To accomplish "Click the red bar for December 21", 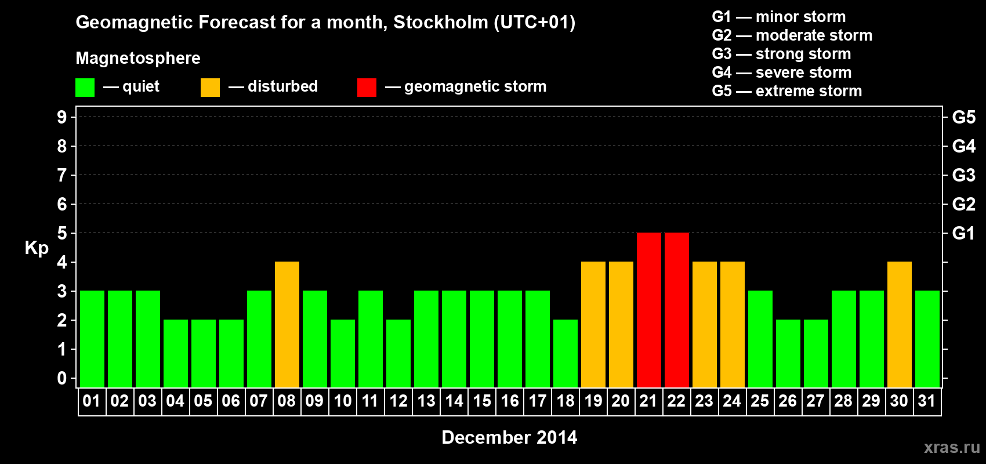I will pyautogui.click(x=648, y=310).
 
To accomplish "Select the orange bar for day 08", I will pyautogui.click(x=287, y=324).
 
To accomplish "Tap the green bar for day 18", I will pyautogui.click(x=565, y=353).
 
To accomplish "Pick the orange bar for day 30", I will pyautogui.click(x=899, y=324).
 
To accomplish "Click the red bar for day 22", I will pyautogui.click(x=676, y=310).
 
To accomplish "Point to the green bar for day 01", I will pyautogui.click(x=92, y=339).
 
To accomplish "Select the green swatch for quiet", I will pyautogui.click(x=85, y=88).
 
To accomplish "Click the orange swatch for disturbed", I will pyautogui.click(x=210, y=88).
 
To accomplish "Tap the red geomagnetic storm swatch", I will pyautogui.click(x=367, y=88).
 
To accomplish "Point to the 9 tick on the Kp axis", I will pyautogui.click(x=62, y=117).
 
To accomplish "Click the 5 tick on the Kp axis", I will pyautogui.click(x=62, y=233).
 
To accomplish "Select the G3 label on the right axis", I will pyautogui.click(x=963, y=175).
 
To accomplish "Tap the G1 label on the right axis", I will pyautogui.click(x=963, y=233).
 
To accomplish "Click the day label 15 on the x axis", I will pyautogui.click(x=482, y=401).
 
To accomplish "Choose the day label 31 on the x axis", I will pyautogui.click(x=927, y=401).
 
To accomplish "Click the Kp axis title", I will pyautogui.click(x=37, y=248).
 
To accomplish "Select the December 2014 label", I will pyautogui.click(x=509, y=437).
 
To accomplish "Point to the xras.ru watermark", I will pyautogui.click(x=951, y=447).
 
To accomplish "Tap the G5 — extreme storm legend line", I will pyautogui.click(x=786, y=91).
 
